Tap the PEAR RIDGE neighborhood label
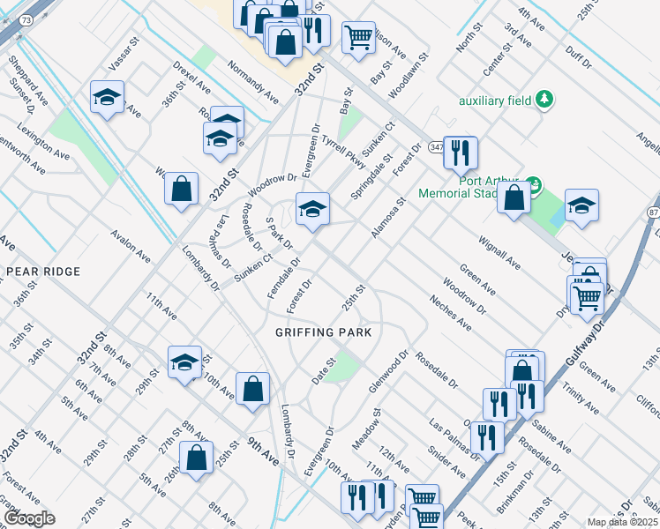[43, 272]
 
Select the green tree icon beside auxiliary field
[545, 99]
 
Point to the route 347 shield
[436, 146]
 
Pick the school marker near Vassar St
[107, 98]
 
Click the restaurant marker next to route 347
[460, 153]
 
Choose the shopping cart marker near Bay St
[357, 38]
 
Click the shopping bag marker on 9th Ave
[252, 389]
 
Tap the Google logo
[29, 518]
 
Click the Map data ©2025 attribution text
[621, 522]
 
